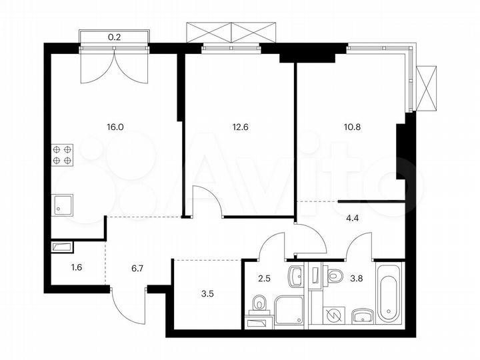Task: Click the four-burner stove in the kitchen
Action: click(x=63, y=155)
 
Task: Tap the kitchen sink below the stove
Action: click(x=64, y=205)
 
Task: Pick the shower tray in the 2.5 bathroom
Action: click(x=289, y=310)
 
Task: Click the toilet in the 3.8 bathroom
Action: click(x=335, y=274)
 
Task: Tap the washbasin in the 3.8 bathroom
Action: click(x=362, y=315)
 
